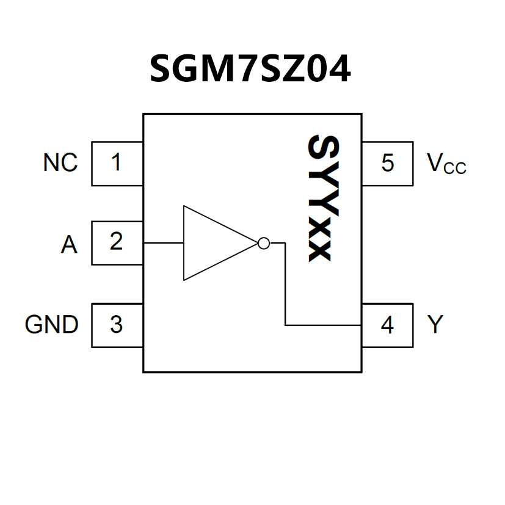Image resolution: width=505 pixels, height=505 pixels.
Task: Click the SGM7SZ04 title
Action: tap(250, 69)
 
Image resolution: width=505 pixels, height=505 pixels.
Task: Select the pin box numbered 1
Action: tap(117, 164)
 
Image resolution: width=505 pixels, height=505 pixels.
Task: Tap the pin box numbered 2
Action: tap(117, 242)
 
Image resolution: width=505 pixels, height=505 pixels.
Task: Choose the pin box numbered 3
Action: tap(117, 325)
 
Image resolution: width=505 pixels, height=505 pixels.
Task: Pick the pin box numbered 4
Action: tap(387, 325)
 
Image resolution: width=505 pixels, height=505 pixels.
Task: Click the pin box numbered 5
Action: tap(387, 164)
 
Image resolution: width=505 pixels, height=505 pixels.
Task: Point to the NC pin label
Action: tap(60, 163)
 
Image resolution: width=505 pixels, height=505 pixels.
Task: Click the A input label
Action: tap(69, 245)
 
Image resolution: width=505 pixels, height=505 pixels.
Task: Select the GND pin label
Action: tap(52, 325)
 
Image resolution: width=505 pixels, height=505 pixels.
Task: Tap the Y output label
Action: tap(434, 325)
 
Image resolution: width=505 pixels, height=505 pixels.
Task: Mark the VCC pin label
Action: tap(446, 164)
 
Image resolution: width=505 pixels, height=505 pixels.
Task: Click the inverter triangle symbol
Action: tap(214, 243)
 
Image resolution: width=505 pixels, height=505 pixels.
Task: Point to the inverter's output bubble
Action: tap(263, 243)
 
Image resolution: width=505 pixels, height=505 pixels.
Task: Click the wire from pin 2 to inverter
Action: tap(163, 243)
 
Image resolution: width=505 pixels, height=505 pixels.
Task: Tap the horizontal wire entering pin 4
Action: tap(324, 325)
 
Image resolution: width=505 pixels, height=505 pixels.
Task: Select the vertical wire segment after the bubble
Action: tap(285, 284)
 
